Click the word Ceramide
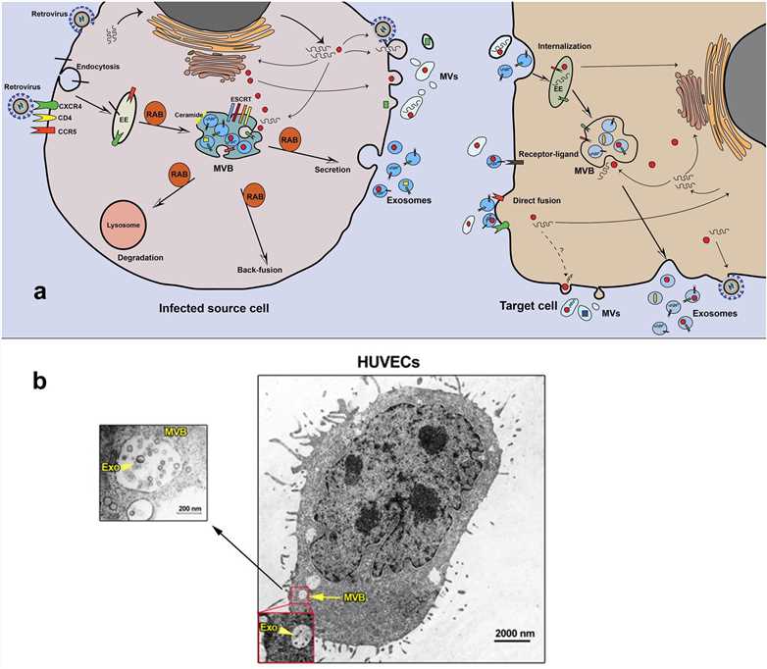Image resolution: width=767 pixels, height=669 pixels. click(x=191, y=114)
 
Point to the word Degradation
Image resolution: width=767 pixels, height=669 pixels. click(x=128, y=258)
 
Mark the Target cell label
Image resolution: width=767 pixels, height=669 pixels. click(x=527, y=306)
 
